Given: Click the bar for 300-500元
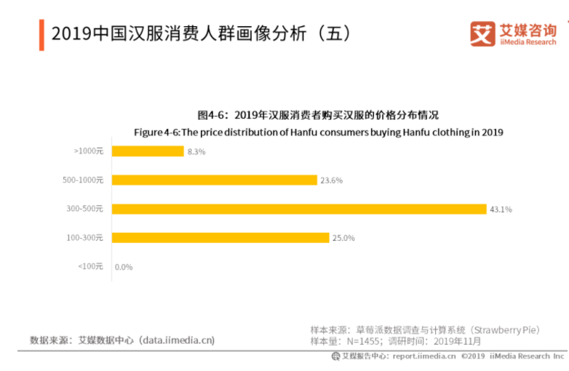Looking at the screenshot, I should click(299, 209).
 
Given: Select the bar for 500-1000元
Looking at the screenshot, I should click(215, 180).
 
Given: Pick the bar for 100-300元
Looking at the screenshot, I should click(220, 237).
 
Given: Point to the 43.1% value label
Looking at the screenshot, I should click(501, 210).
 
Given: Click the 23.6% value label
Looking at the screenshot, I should click(331, 180).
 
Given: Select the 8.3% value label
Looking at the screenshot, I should click(196, 152).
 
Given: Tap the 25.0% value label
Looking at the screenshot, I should click(343, 238).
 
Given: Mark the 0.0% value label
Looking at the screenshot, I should click(124, 267).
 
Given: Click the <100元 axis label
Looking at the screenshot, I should click(90, 266).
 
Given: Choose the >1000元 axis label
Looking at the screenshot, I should click(89, 151).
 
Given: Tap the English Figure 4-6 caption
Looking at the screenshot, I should click(318, 132).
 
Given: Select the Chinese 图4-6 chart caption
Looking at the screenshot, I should click(318, 115).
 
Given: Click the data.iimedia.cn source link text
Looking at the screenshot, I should click(178, 340).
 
